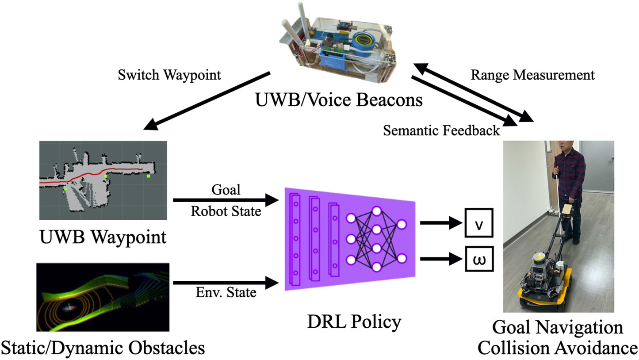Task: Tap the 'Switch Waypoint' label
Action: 169,75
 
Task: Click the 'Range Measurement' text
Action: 532,75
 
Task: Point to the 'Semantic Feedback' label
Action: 442,130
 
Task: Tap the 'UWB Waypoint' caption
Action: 103,237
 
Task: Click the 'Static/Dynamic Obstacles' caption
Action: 103,348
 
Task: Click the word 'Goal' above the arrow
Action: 226,190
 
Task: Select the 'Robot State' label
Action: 226,211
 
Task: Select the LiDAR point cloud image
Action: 103,297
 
